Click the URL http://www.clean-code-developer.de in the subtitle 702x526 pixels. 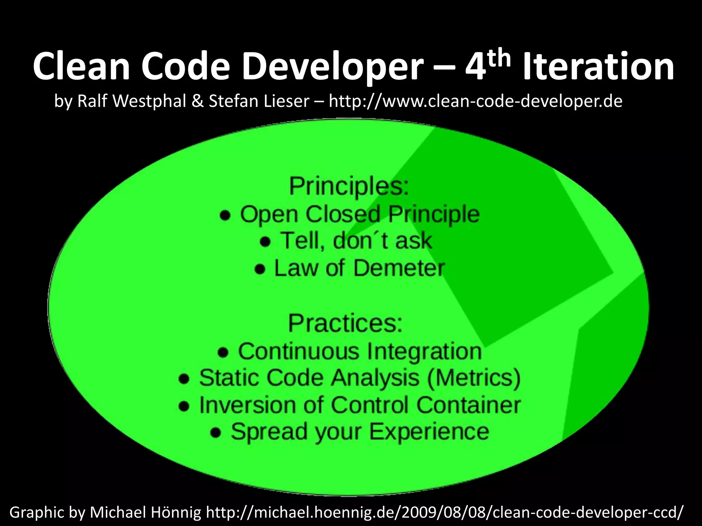coord(475,101)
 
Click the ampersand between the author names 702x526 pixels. coord(198,101)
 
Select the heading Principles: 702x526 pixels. coord(349,186)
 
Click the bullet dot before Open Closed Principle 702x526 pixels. coord(225,215)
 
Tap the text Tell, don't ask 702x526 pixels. coord(356,240)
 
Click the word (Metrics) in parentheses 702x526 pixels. coord(474,378)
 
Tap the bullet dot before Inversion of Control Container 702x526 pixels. coord(184,406)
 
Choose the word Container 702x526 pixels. coord(468,405)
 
